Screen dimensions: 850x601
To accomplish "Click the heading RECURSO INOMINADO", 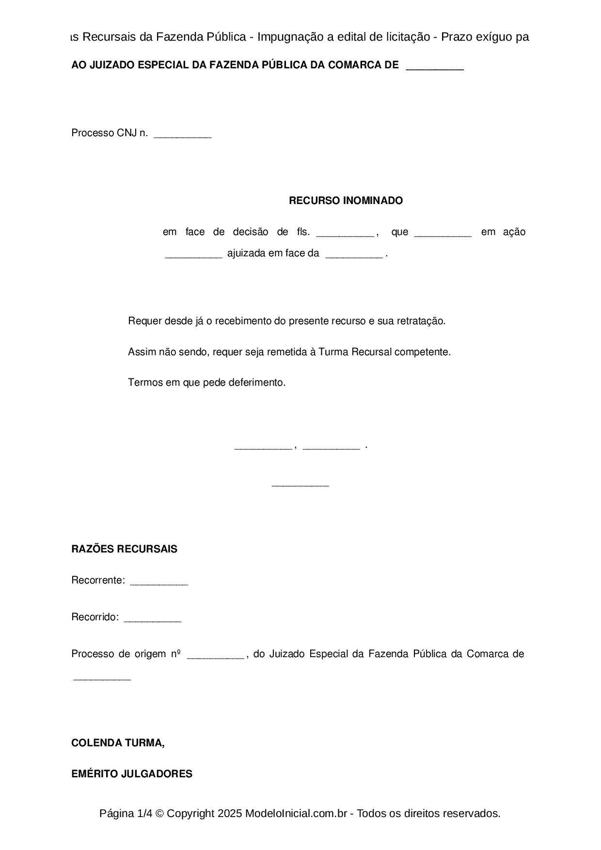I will point(346,201).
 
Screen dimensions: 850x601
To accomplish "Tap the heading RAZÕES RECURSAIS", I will point(124,549).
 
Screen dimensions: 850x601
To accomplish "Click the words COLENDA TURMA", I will point(118,743).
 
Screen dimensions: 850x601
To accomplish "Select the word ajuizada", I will point(246,253).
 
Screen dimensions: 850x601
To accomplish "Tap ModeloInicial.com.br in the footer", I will point(296,813).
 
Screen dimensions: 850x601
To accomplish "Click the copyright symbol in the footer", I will point(159,813).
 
